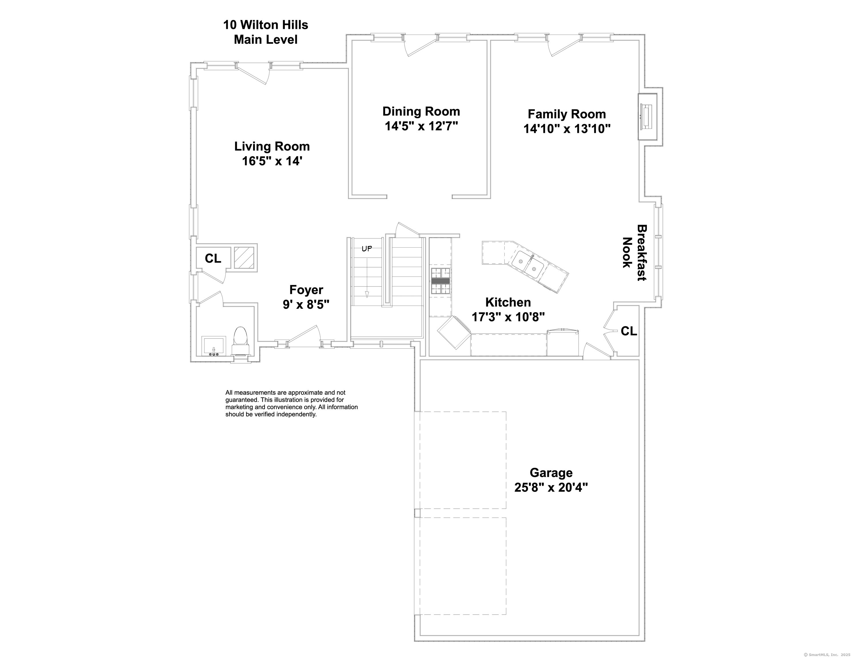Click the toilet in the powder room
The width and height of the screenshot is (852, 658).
[x=240, y=338]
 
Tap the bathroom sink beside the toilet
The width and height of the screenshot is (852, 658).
[x=214, y=346]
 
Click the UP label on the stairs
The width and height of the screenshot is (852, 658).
[x=367, y=248]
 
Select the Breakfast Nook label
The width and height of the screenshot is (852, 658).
[x=634, y=252]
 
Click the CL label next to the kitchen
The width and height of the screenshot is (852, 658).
[x=629, y=331]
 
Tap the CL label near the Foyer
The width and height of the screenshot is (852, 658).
[x=213, y=258]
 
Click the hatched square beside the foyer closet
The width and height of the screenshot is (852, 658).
[x=244, y=257]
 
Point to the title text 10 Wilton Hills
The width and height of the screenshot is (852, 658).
[x=265, y=25]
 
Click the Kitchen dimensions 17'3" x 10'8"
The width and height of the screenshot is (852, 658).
[x=508, y=317]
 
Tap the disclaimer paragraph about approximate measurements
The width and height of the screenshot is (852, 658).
[x=291, y=403]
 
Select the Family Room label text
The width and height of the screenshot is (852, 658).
[x=567, y=114]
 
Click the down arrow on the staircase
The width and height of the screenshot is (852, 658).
[x=367, y=294]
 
